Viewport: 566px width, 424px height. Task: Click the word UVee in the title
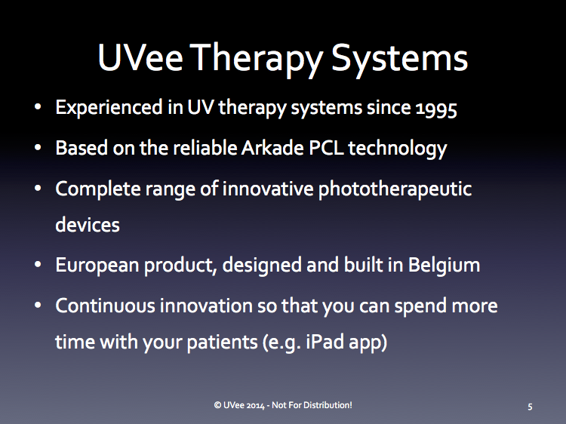[x=140, y=58]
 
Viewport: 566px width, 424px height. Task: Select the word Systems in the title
[x=399, y=60]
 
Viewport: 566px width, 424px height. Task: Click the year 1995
[x=436, y=109]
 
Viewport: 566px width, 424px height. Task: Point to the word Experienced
[x=109, y=108]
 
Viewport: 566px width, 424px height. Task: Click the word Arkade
[x=272, y=148]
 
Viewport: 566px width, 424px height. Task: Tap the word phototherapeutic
[x=395, y=189]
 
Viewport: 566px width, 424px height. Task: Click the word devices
[x=88, y=225]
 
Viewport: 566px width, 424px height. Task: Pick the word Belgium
[x=444, y=266]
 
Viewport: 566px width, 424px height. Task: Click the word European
[x=97, y=266]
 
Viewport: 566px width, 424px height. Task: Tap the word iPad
[x=325, y=341]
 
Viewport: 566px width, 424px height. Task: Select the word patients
[x=223, y=342]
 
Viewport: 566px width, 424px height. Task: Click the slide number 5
[x=530, y=407]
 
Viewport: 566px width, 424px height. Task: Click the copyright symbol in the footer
[x=217, y=405]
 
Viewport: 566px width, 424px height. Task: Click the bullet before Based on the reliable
[x=38, y=148]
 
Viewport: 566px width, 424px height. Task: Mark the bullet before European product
[x=38, y=265]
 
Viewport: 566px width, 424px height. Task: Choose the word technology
[x=398, y=149]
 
